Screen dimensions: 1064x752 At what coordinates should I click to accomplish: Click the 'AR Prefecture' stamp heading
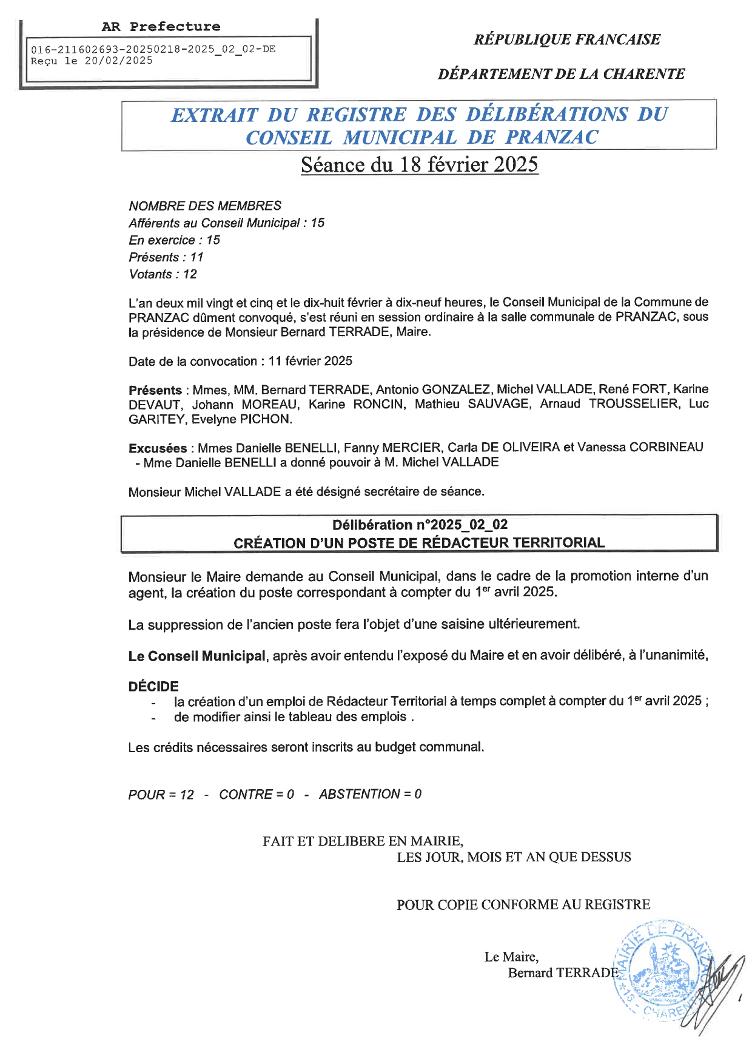[x=161, y=27]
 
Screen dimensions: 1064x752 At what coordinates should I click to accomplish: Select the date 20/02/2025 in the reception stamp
[x=118, y=61]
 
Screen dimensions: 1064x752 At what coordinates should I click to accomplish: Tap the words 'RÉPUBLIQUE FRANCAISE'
[x=566, y=39]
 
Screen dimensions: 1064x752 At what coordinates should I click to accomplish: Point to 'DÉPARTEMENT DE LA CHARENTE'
[x=561, y=74]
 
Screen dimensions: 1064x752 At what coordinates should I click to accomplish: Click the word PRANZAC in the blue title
[x=551, y=137]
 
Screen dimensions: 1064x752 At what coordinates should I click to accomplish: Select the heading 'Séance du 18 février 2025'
[x=419, y=165]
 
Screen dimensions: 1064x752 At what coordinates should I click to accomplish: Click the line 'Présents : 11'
[x=166, y=257]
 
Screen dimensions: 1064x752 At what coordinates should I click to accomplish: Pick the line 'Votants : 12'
[x=163, y=274]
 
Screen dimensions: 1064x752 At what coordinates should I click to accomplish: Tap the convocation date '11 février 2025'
[x=310, y=361]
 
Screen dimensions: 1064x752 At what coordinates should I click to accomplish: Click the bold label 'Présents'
[x=155, y=390]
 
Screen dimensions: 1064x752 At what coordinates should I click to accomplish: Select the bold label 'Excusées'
[x=158, y=448]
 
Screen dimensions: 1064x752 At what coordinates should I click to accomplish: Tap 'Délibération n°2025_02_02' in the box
[x=420, y=525]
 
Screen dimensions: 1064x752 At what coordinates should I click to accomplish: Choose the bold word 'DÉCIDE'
[x=153, y=686]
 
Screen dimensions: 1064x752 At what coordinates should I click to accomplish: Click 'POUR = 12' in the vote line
[x=161, y=795]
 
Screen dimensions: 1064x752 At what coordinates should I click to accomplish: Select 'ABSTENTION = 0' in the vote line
[x=370, y=794]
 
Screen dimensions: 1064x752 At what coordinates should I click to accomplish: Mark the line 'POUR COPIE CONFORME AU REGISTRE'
[x=523, y=904]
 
